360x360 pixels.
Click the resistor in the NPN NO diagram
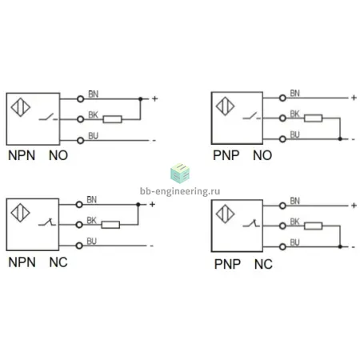click(113, 119)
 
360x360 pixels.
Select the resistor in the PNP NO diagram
click(313, 118)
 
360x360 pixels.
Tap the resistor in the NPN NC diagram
click(110, 225)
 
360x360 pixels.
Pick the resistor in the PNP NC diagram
click(313, 226)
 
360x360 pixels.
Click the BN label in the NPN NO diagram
click(94, 94)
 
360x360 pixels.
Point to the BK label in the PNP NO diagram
click(294, 114)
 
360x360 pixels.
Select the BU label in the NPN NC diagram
click(91, 242)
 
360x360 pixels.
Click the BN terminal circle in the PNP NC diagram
click(282, 206)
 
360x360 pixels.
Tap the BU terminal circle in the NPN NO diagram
click(80, 140)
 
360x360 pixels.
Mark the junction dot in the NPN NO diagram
click(141, 99)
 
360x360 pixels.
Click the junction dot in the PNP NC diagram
click(340, 246)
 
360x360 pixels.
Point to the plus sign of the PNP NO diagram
click(354, 98)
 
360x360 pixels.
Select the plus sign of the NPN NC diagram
click(152, 205)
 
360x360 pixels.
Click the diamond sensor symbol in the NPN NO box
click(21, 107)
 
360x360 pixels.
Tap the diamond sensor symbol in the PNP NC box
click(226, 214)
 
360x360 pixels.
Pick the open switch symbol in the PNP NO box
click(252, 116)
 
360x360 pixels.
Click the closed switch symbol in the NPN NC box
click(47, 222)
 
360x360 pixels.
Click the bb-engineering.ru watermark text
click(180, 191)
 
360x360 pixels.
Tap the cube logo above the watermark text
click(180, 174)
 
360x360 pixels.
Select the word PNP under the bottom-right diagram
click(227, 264)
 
